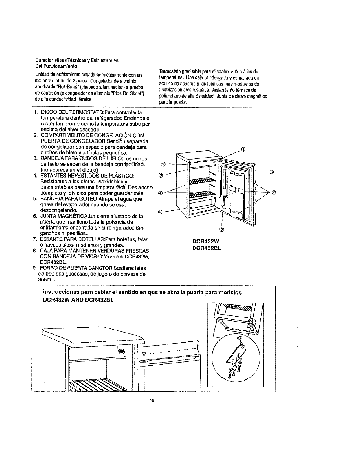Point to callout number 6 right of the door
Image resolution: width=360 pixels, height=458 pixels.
(272, 172)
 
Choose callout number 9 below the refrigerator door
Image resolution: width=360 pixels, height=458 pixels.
(221, 229)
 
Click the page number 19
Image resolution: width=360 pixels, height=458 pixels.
(151, 400)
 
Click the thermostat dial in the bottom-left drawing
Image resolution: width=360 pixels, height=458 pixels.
(122, 351)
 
